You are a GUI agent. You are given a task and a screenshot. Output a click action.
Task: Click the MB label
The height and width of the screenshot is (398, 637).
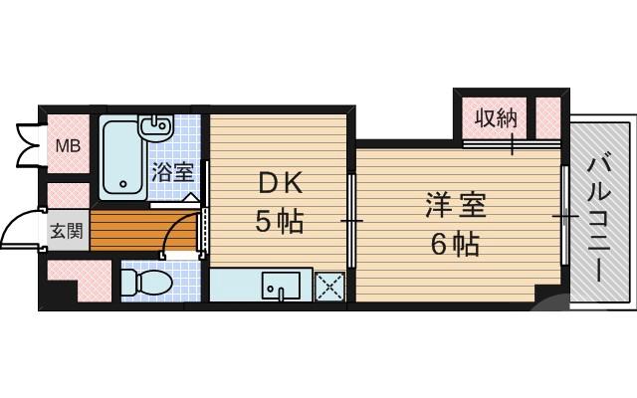[x=68, y=147]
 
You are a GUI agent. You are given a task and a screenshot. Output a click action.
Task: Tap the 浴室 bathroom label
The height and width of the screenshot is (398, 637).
[x=172, y=171]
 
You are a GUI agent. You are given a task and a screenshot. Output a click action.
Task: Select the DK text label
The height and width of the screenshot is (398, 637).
[x=280, y=184]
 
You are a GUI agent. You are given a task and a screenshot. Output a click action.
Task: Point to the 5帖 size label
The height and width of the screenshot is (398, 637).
[x=280, y=222]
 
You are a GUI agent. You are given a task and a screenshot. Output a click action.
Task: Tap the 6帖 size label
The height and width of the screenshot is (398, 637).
[x=455, y=243]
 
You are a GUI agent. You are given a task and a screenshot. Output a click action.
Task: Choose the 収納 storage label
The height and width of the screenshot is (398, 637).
[x=495, y=119]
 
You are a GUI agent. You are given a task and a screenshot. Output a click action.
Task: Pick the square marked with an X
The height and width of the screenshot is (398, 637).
[x=328, y=286]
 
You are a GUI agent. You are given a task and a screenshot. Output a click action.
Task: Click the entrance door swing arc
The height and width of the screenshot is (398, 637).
[x=18, y=231]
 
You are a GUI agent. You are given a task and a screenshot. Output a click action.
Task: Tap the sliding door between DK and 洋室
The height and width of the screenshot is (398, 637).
[x=350, y=219]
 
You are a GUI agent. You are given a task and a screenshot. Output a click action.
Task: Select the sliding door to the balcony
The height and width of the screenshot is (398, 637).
[x=566, y=215]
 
